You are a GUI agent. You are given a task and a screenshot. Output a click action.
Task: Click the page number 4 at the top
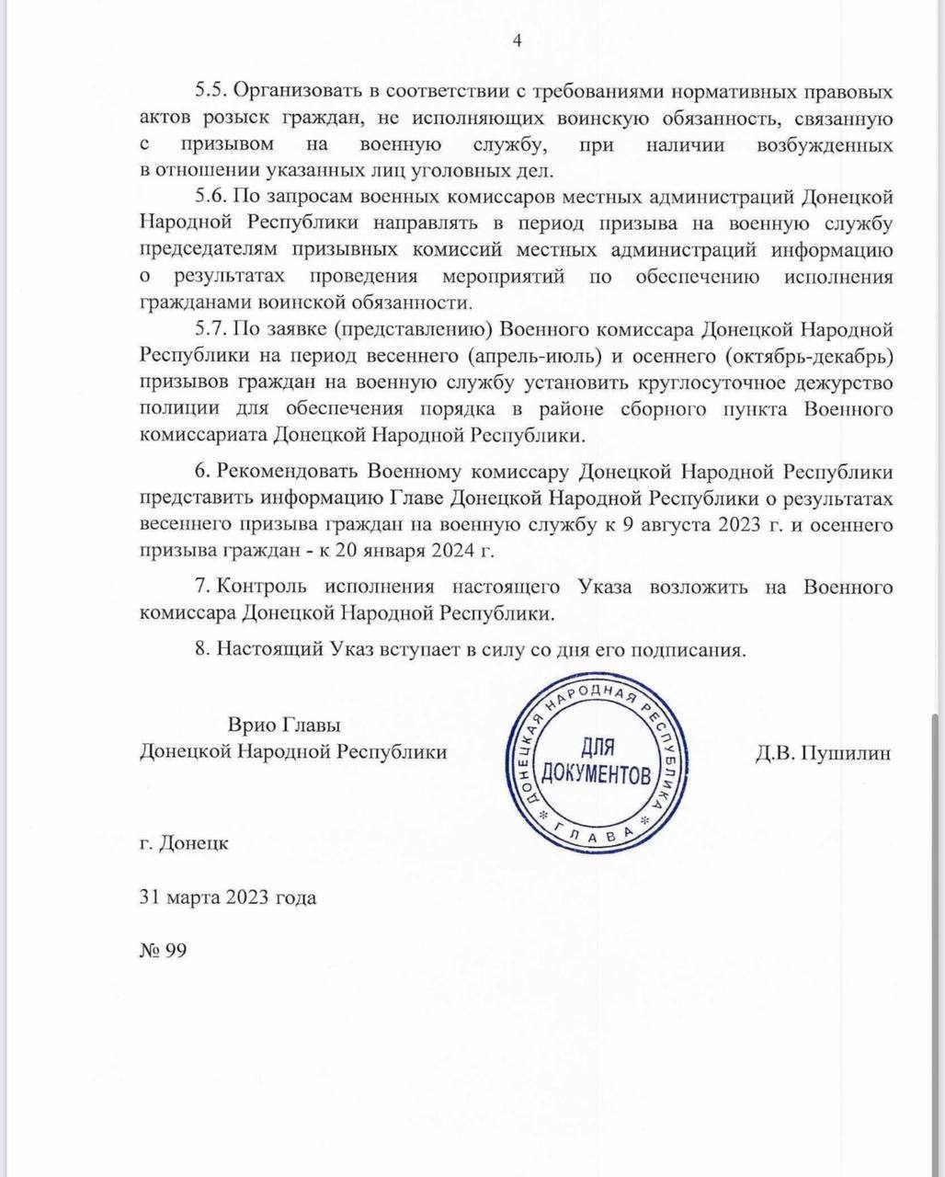[517, 40]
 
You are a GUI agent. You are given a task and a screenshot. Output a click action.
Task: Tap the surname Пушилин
[847, 752]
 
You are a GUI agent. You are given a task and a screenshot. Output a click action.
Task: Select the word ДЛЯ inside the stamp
[596, 748]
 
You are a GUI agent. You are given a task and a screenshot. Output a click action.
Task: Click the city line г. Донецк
[184, 842]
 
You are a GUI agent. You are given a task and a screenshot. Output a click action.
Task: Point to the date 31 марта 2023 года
[227, 897]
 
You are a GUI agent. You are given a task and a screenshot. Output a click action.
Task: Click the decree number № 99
[163, 951]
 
